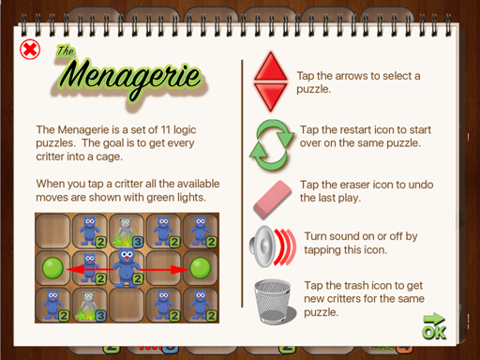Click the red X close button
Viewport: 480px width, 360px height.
[30, 50]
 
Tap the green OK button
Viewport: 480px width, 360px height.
[434, 327]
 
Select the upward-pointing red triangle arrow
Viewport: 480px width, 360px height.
[271, 67]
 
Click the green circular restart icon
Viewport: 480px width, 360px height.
[272, 144]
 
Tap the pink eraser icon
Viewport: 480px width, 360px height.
[272, 199]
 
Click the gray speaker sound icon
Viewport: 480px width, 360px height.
[273, 247]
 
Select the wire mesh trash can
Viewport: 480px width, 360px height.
[274, 301]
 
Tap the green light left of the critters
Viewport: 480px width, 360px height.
[52, 268]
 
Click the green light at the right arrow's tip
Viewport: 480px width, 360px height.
[200, 268]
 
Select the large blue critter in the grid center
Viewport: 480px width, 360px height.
[127, 266]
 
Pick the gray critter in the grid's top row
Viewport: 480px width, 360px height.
[127, 232]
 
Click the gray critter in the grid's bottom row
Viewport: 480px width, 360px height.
[89, 306]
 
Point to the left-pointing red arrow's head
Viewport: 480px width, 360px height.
[72, 269]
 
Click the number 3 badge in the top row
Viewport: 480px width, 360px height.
[138, 241]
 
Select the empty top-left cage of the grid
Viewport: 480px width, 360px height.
[52, 232]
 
